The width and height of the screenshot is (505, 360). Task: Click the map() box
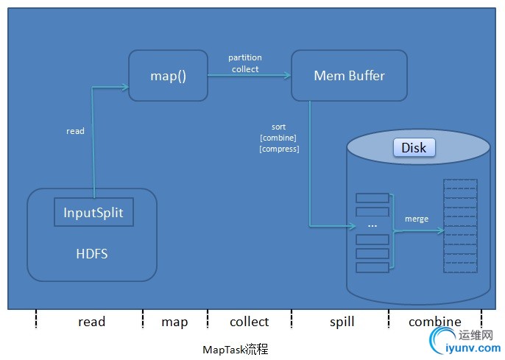(x=168, y=75)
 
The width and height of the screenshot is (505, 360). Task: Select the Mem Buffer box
(x=349, y=75)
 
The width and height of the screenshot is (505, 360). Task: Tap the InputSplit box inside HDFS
(x=93, y=213)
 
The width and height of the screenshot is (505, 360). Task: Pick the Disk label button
(x=414, y=148)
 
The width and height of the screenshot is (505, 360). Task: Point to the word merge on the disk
(x=417, y=219)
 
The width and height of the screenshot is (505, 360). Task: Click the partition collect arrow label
(x=245, y=63)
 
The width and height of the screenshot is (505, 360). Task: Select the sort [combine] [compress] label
(x=279, y=138)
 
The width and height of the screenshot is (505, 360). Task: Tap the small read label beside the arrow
(x=75, y=131)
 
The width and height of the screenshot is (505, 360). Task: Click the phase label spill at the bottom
(x=341, y=322)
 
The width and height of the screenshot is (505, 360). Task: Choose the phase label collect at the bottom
(x=249, y=322)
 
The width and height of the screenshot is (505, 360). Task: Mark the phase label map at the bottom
(x=174, y=322)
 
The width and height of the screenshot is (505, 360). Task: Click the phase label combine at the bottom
(x=435, y=322)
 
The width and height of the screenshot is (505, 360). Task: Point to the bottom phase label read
(x=91, y=322)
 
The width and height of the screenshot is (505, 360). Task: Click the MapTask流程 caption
(x=236, y=349)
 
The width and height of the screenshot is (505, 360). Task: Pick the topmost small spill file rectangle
(x=372, y=197)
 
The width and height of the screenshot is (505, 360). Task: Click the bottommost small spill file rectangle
(x=372, y=267)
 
